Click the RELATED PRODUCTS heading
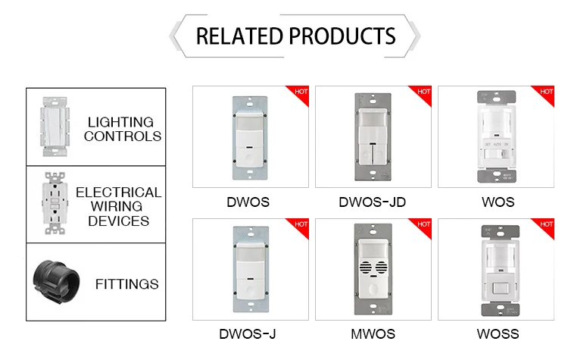pos(295,36)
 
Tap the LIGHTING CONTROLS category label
pos(123,129)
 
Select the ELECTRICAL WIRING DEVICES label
pos(118,206)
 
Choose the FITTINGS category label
pos(126,284)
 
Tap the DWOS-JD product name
pos(371,202)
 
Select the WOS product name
pos(497,202)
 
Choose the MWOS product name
pos(371,333)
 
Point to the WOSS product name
pos(498,333)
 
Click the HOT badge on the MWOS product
pos(423,225)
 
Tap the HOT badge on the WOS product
pos(546,92)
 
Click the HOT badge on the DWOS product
pos(301,92)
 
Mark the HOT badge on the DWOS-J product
pos(301,225)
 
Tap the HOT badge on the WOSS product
pos(546,225)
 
